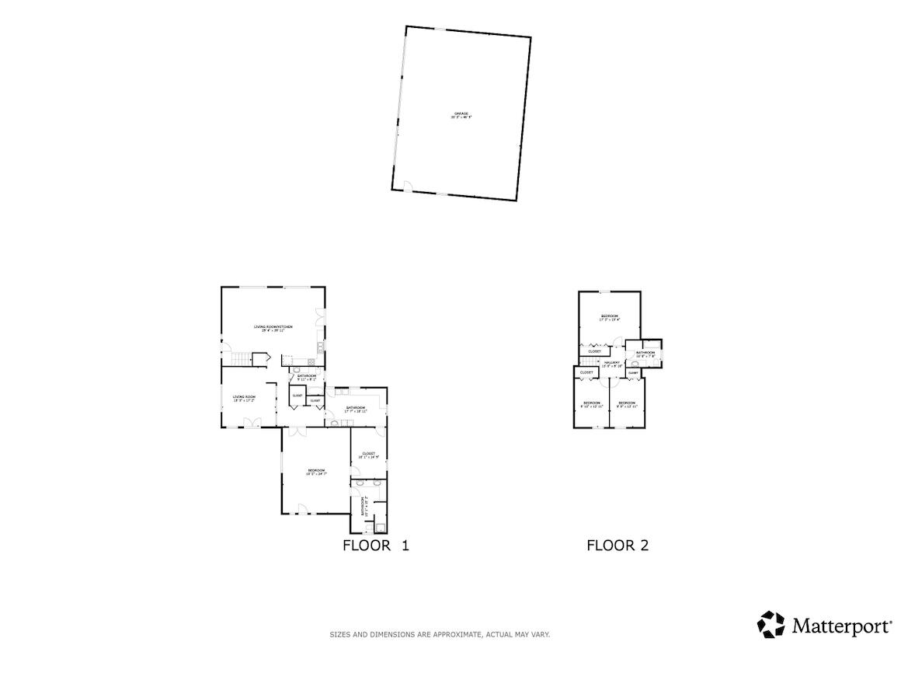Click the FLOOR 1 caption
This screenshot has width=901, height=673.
pyautogui.click(x=375, y=546)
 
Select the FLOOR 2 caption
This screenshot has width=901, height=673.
pyautogui.click(x=617, y=546)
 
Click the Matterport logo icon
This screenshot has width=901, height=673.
pyautogui.click(x=771, y=625)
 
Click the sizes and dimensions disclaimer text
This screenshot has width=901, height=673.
pyautogui.click(x=440, y=635)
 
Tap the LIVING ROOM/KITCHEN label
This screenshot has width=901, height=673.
pyautogui.click(x=273, y=328)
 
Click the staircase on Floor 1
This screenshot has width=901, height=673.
pyautogui.click(x=242, y=358)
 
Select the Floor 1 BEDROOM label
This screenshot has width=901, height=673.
pyautogui.click(x=315, y=471)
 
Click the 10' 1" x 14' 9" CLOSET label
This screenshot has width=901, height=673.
pyautogui.click(x=368, y=455)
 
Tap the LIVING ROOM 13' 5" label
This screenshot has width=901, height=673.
pyautogui.click(x=245, y=398)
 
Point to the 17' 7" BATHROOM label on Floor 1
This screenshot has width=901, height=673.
pyautogui.click(x=356, y=409)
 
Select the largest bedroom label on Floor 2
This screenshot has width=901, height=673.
pyautogui.click(x=609, y=317)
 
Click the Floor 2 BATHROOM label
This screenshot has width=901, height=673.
pyautogui.click(x=645, y=354)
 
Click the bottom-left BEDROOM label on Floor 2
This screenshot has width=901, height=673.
pyautogui.click(x=592, y=404)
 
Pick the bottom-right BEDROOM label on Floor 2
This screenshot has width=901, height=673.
pyautogui.click(x=627, y=404)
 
